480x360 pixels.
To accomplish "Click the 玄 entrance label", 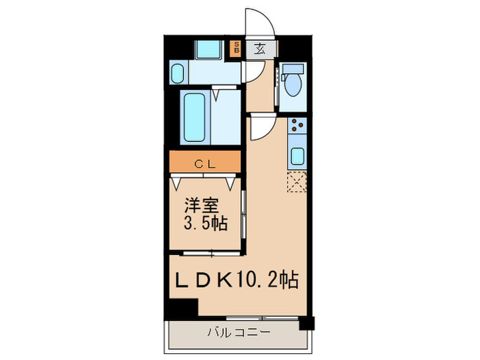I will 261,48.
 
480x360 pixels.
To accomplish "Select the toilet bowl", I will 293,84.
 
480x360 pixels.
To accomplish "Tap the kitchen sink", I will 298,156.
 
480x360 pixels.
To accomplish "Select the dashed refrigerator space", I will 298,182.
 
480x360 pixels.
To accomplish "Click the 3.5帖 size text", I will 205,224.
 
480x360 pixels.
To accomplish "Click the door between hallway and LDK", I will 261,126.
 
